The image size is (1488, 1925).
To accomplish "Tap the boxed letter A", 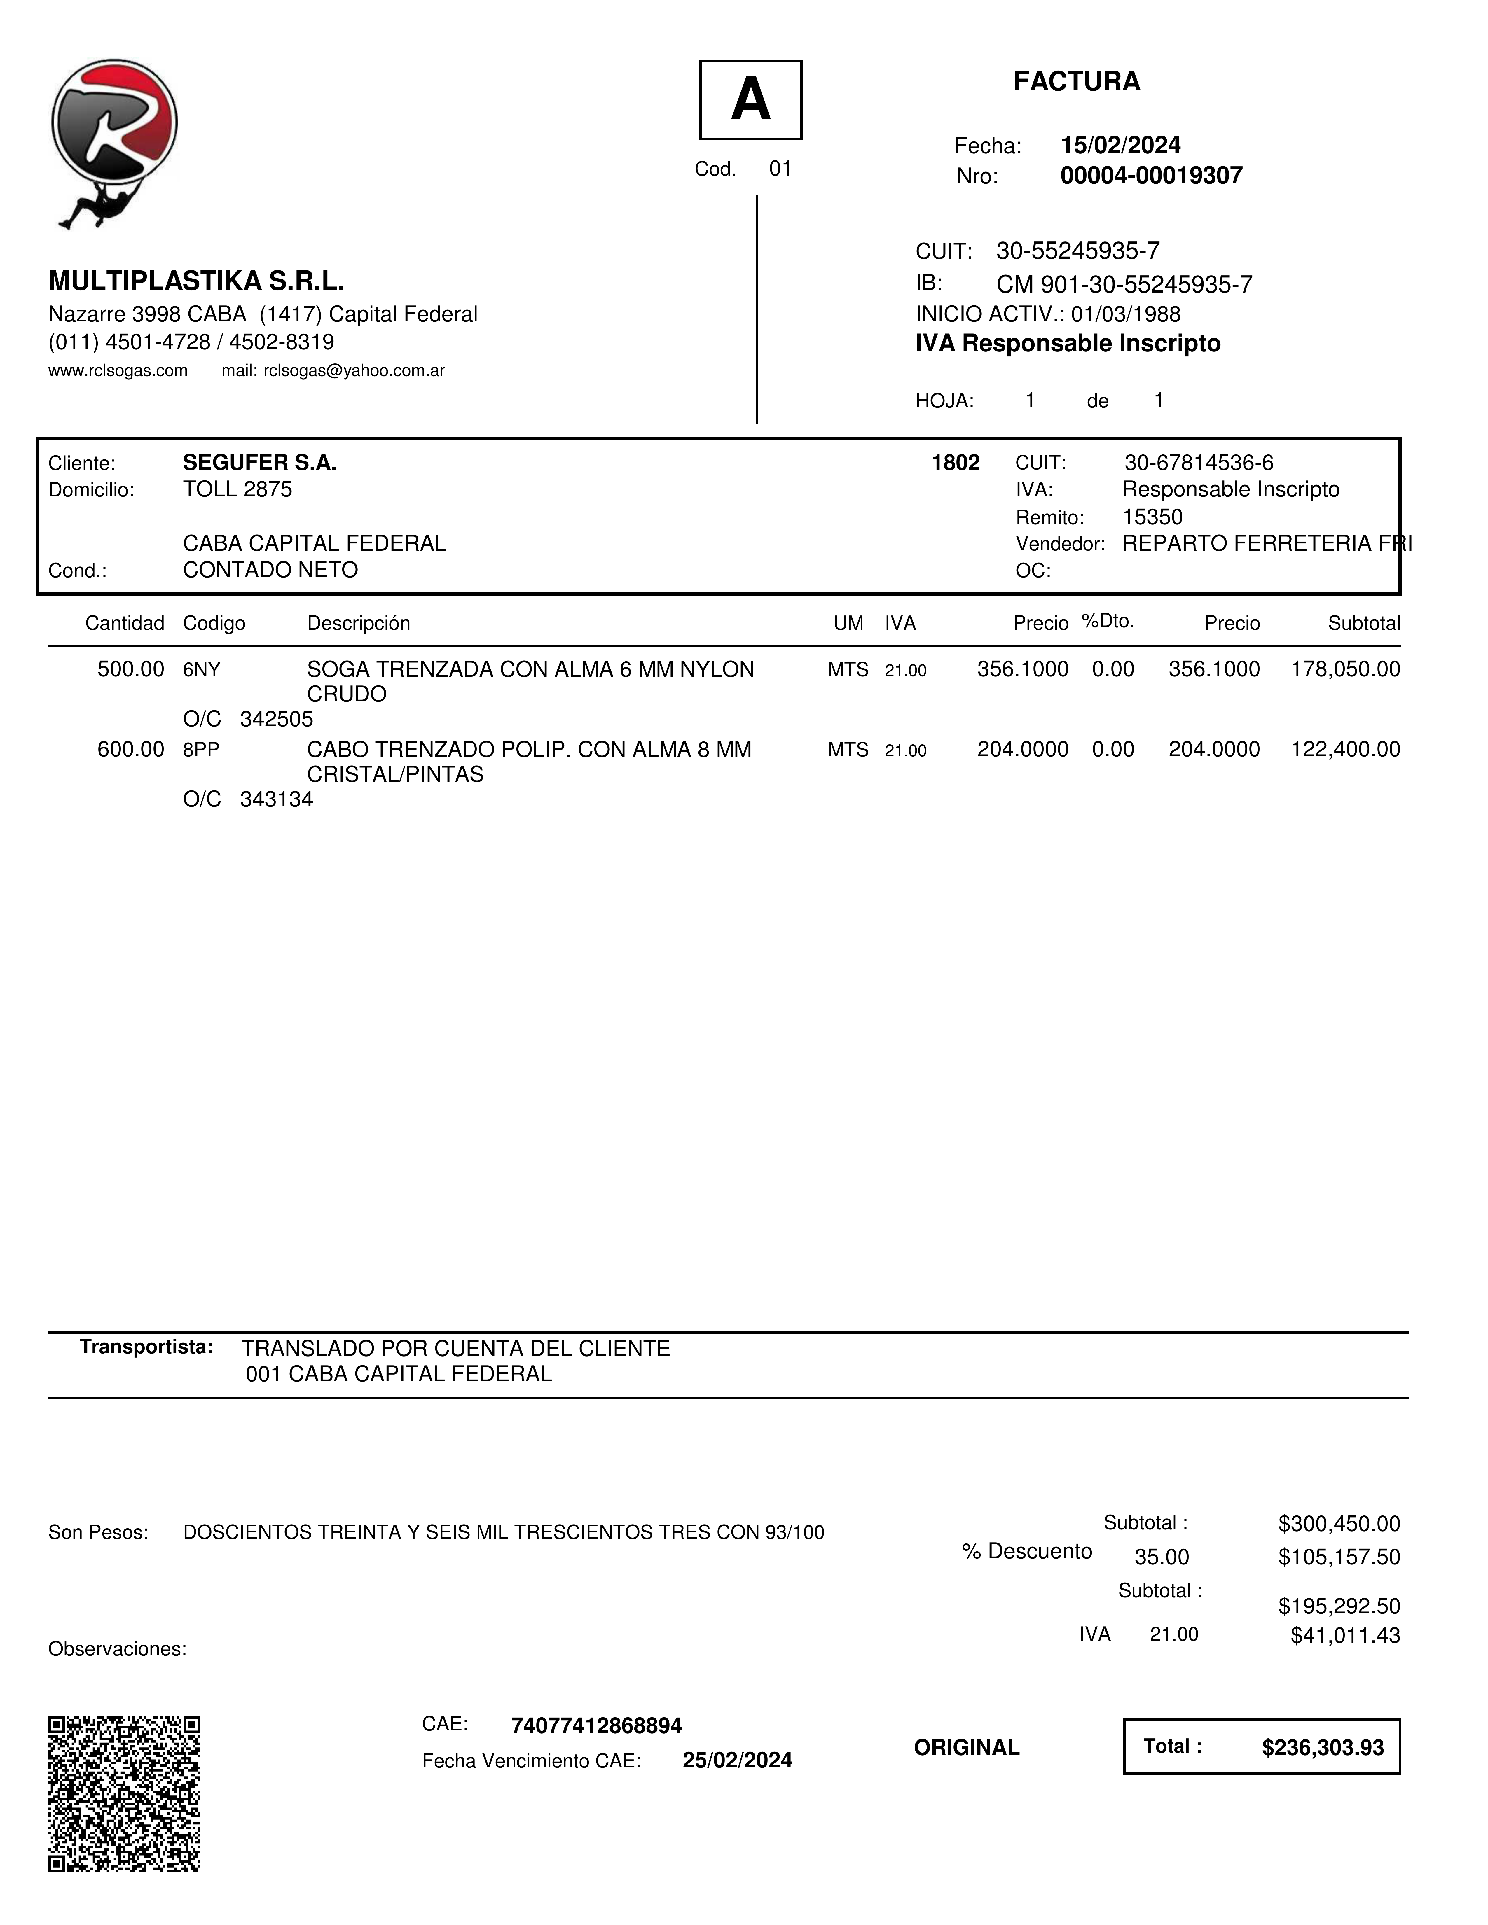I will coord(750,99).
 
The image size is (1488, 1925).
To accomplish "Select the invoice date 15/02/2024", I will coord(1120,146).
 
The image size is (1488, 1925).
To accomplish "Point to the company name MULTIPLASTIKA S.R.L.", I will coord(196,281).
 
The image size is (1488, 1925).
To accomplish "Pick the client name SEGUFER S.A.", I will coord(259,463).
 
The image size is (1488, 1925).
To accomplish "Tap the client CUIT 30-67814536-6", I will coord(1198,463).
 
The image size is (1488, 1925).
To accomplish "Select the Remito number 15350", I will coord(1152,517).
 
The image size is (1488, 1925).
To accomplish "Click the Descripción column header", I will coord(358,623).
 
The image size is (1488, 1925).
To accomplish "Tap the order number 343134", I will coord(276,799).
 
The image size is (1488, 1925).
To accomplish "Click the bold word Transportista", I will coord(146,1347).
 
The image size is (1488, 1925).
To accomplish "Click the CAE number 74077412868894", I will coord(596,1726).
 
